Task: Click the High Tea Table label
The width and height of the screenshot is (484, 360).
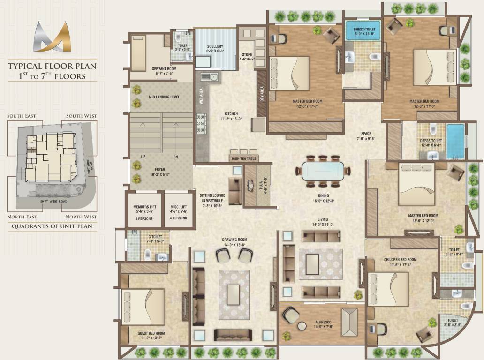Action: point(244,158)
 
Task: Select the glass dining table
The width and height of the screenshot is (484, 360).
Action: point(322,171)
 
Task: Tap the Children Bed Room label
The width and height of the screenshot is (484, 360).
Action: point(400,262)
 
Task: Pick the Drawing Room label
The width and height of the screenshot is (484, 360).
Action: point(234,242)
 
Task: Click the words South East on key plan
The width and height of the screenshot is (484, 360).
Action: point(22,116)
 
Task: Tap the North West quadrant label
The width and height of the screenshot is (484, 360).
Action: point(81,217)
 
